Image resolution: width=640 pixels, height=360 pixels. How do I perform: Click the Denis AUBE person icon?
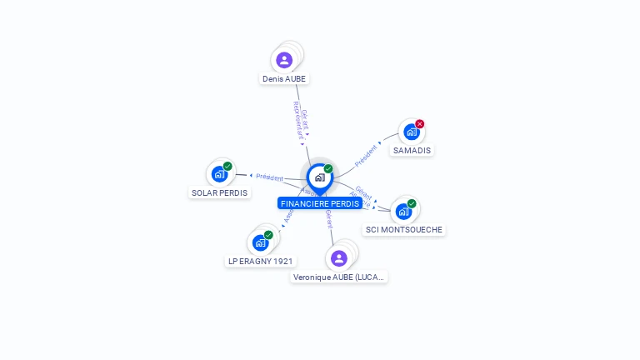(x=284, y=60)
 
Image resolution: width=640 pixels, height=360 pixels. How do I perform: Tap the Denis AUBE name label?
(x=284, y=79)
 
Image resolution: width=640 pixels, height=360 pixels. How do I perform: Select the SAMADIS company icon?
(x=410, y=132)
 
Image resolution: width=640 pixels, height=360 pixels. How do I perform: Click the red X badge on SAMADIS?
(x=420, y=124)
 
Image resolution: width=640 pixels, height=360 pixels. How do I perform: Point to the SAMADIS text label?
(x=412, y=151)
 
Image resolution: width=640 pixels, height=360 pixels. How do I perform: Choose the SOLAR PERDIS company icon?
(x=219, y=174)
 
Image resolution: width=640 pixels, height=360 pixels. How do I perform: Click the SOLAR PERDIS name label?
(x=220, y=192)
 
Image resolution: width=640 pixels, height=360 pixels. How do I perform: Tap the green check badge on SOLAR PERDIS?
(x=227, y=166)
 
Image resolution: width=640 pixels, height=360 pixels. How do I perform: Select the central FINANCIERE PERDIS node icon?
(x=319, y=177)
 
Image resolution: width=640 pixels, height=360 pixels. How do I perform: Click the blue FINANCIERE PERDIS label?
(x=320, y=203)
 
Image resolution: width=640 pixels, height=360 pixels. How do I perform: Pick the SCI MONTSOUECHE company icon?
(x=403, y=212)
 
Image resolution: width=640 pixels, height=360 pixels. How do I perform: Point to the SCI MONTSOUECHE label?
(x=405, y=230)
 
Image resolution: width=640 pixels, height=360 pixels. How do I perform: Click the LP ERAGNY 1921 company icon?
(x=260, y=243)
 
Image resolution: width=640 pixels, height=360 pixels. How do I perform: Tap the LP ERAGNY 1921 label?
(x=262, y=262)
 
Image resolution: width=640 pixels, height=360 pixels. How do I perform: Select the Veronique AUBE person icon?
(x=338, y=258)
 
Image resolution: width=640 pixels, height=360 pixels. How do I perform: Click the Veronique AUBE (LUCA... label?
(x=340, y=277)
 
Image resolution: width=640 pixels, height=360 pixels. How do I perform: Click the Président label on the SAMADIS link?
(x=367, y=152)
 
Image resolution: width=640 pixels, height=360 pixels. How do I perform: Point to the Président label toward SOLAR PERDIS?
(x=269, y=177)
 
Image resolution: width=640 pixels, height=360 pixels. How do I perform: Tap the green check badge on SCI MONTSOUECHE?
(x=412, y=203)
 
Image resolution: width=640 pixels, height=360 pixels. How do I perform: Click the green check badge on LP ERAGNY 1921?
(x=268, y=235)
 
